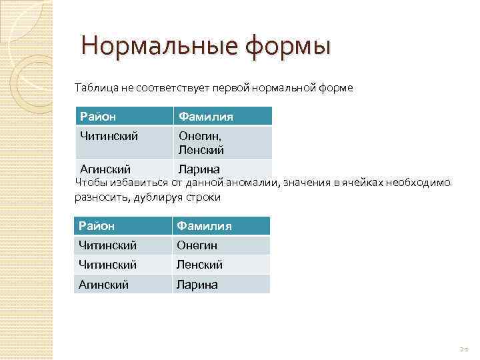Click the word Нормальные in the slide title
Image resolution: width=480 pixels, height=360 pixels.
(159, 47)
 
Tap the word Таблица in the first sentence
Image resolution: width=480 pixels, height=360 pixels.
(95, 87)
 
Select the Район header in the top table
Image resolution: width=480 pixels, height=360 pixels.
(98, 117)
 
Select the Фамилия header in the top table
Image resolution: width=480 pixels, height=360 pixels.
(205, 117)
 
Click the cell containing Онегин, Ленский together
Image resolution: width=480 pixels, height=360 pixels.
(201, 143)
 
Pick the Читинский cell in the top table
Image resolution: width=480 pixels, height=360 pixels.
(109, 136)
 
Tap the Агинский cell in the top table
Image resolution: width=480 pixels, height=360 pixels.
(105, 169)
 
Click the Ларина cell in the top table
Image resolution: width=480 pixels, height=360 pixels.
(198, 169)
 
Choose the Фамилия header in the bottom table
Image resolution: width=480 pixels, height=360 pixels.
(204, 226)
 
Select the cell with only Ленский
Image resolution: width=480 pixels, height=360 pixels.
(199, 265)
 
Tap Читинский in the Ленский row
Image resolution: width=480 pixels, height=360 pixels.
(108, 265)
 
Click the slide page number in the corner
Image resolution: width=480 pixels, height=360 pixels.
(464, 349)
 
